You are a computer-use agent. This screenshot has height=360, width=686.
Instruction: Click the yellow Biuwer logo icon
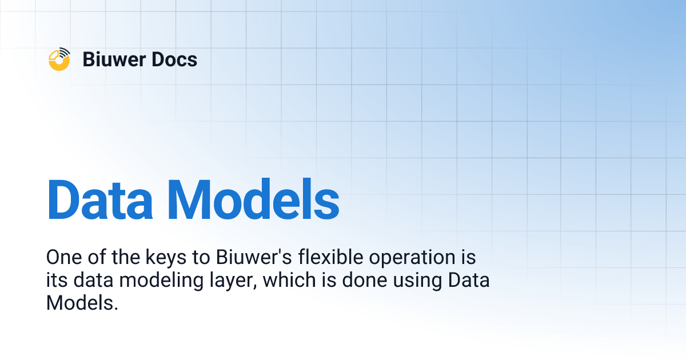click(x=59, y=59)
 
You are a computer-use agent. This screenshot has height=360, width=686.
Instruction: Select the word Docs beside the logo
click(x=176, y=59)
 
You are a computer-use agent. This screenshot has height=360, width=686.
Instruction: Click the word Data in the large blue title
click(x=99, y=201)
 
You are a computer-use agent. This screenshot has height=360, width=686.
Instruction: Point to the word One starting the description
click(x=63, y=258)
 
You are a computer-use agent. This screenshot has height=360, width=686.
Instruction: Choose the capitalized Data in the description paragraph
click(x=469, y=281)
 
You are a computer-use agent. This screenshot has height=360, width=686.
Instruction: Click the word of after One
click(x=95, y=258)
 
